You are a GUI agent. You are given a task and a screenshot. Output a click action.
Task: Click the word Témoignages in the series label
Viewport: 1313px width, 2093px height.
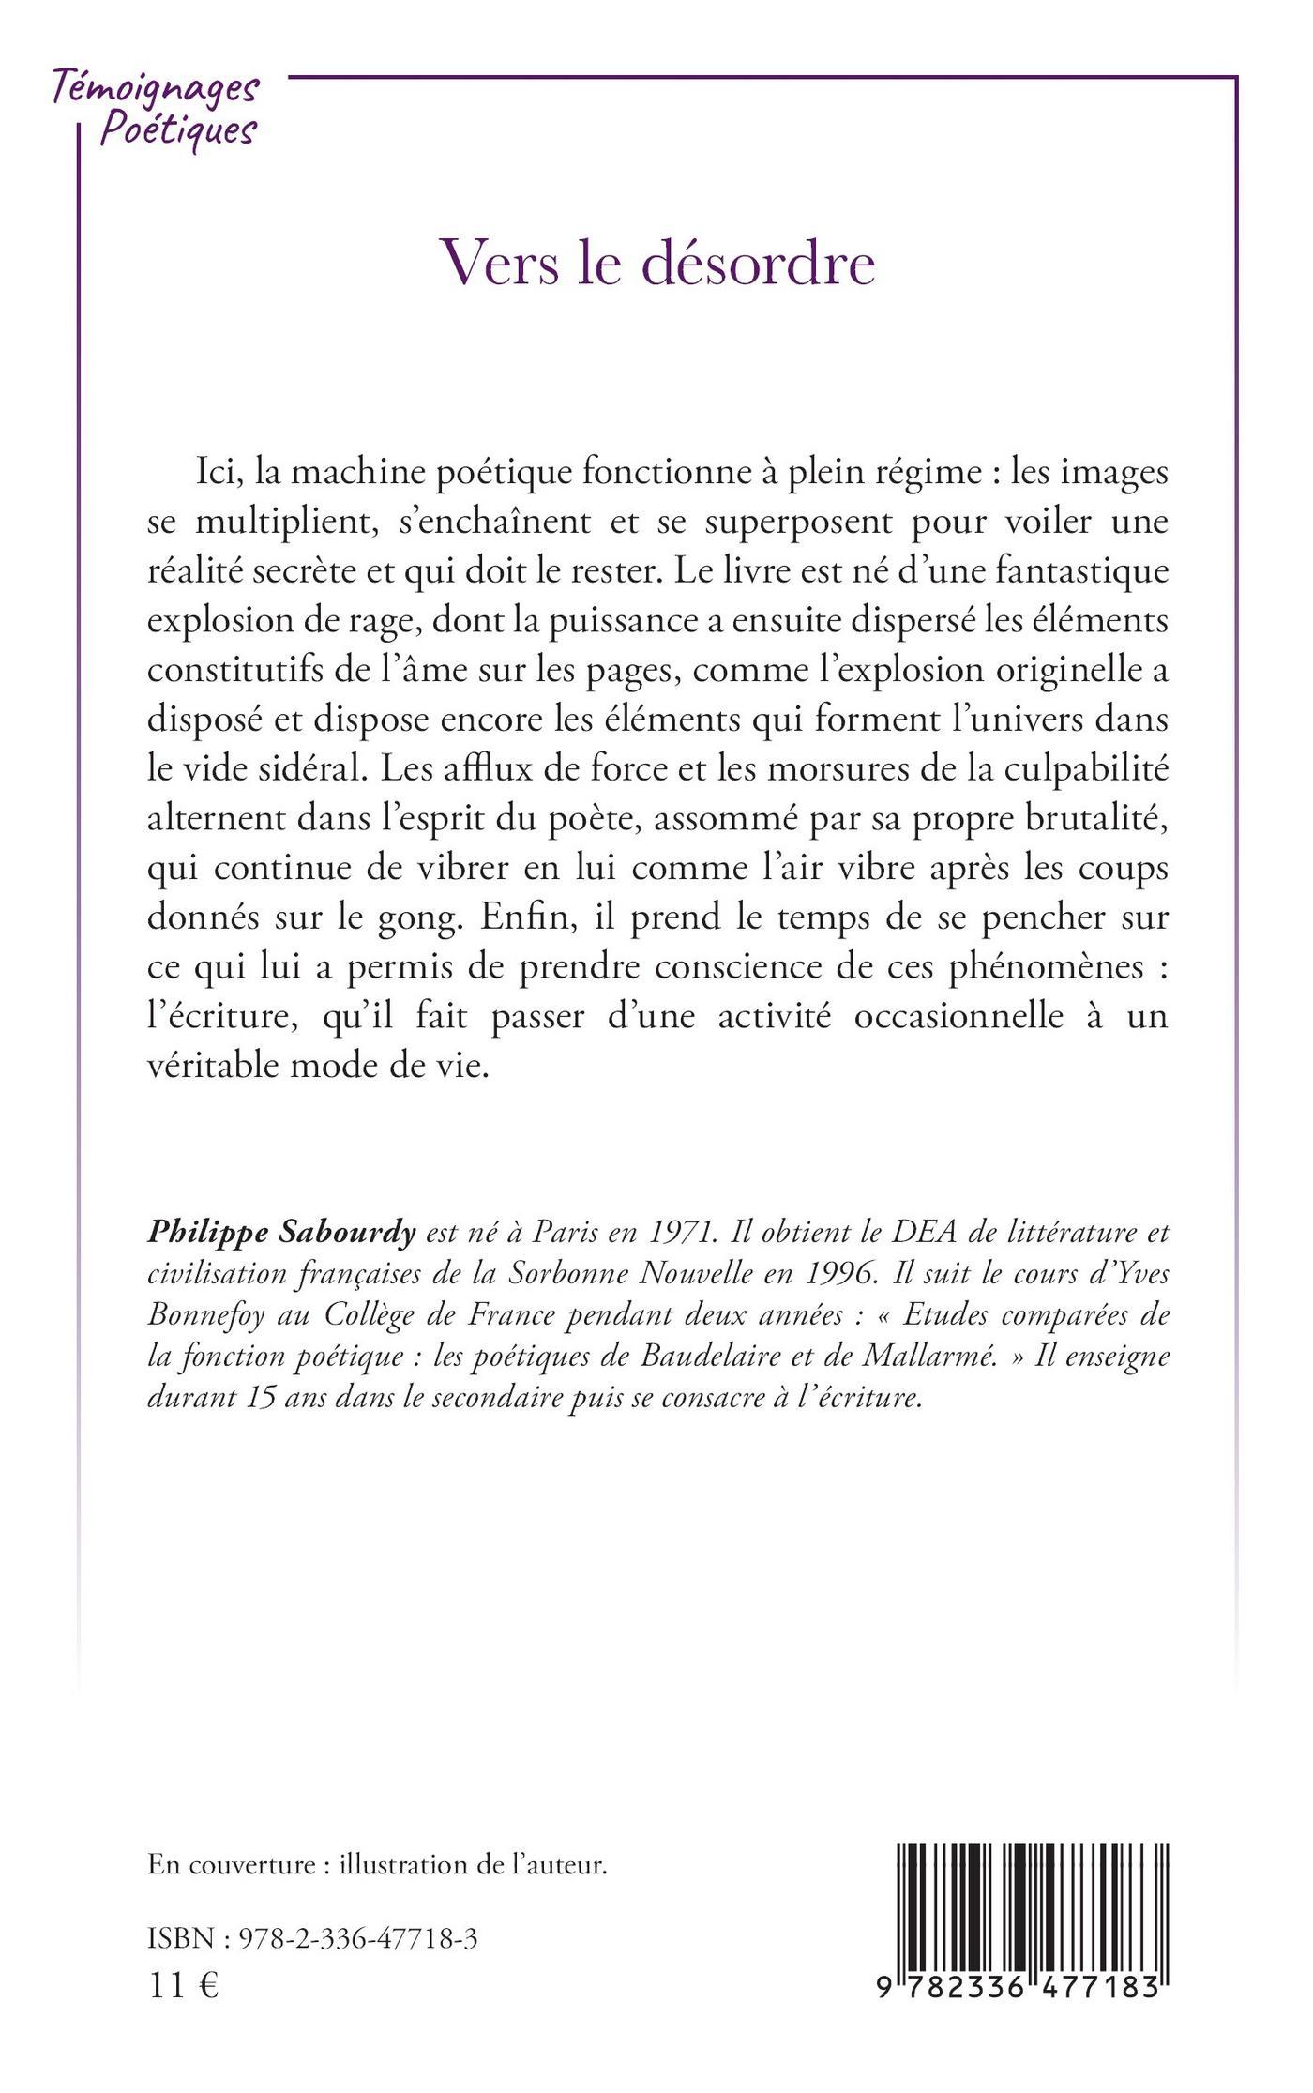point(155,89)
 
